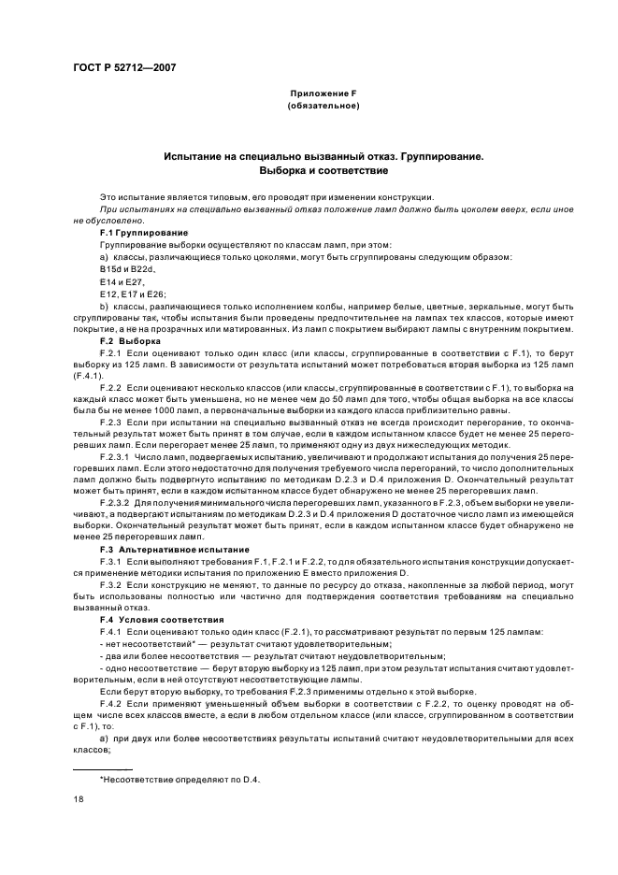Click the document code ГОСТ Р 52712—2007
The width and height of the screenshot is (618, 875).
[124, 68]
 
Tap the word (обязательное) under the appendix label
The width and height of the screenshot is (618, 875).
[323, 106]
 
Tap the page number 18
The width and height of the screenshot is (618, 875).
[78, 800]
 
